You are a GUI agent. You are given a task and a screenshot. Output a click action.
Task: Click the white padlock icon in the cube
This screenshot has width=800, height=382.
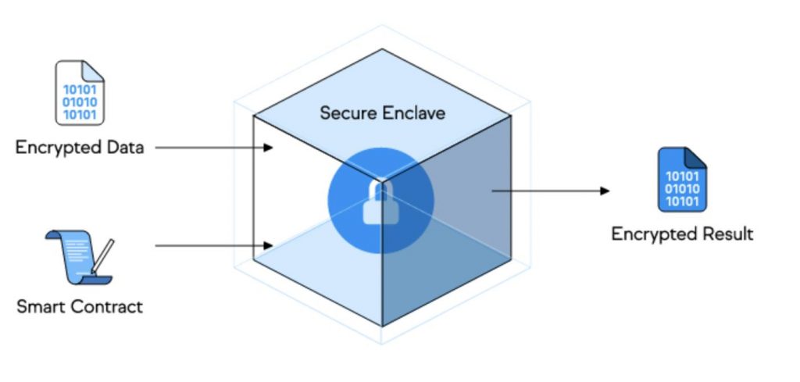[x=380, y=205]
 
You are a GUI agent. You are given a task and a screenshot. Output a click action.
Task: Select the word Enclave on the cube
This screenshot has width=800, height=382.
[x=413, y=113]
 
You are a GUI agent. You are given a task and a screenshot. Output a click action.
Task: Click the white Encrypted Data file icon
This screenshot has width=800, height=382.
[x=80, y=93]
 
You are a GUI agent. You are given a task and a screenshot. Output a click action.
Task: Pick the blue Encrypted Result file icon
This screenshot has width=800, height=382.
[x=682, y=180]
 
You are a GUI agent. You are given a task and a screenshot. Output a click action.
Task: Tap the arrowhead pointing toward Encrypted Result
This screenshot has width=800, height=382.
[x=604, y=190]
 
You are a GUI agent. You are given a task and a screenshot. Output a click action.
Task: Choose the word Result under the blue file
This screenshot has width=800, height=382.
[x=727, y=234]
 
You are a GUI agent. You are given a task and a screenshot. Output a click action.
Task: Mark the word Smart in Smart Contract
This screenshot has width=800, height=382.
[x=41, y=306]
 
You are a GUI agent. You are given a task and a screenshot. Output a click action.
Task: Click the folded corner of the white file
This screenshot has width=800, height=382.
[x=95, y=70]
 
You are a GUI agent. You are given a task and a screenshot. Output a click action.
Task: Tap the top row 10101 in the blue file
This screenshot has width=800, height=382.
[x=681, y=175]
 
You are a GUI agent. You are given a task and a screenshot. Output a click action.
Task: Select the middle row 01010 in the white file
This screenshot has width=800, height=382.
[x=79, y=102]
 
